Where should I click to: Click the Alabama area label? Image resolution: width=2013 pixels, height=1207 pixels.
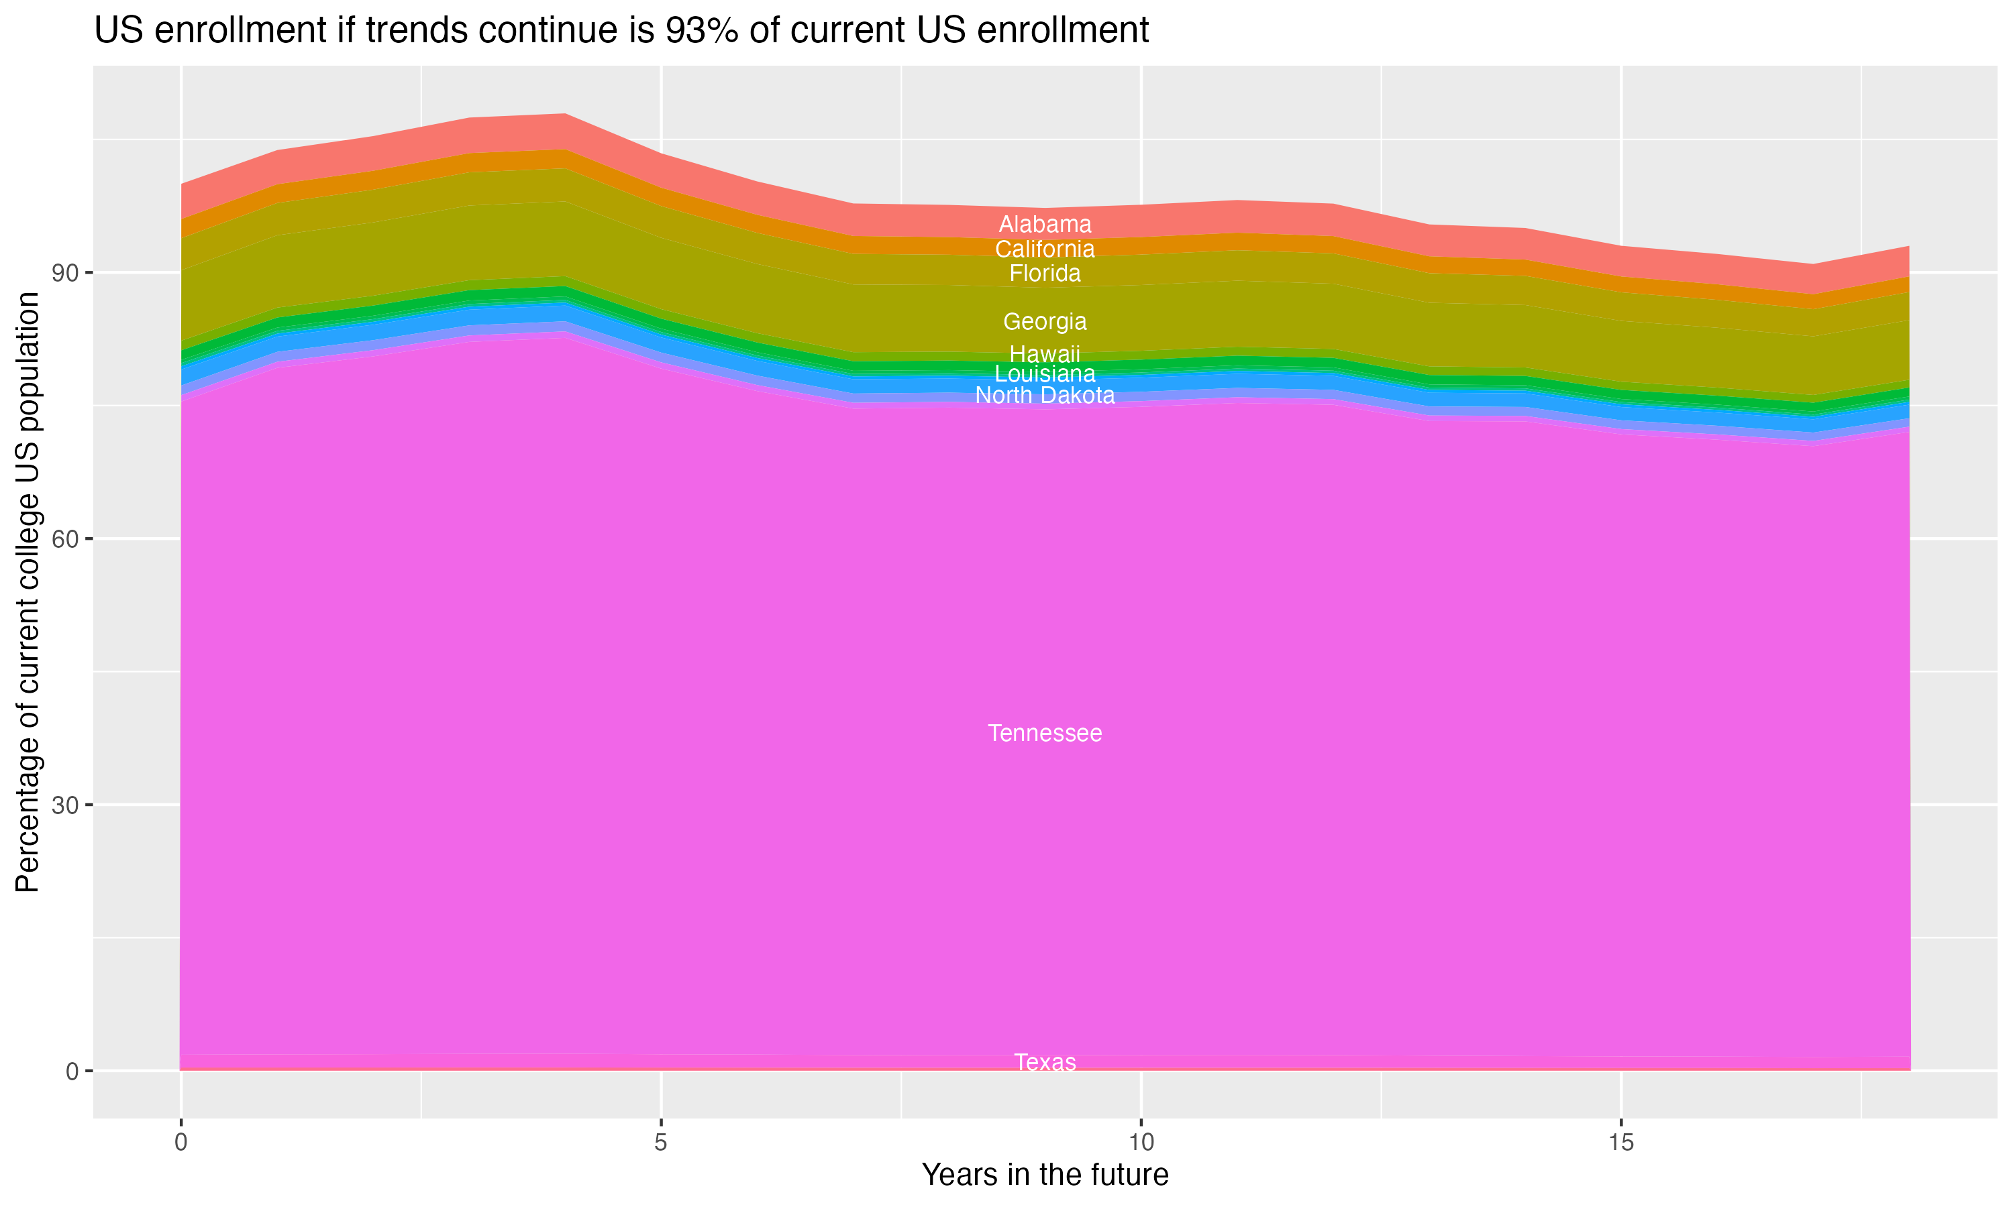coord(1045,224)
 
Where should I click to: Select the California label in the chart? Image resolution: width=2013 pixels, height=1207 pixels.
coord(1045,249)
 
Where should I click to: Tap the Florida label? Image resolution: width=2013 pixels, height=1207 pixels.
coord(1045,274)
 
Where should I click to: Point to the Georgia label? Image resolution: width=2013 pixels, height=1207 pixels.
coord(1045,321)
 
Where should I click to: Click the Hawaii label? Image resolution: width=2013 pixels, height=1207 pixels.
coord(1045,354)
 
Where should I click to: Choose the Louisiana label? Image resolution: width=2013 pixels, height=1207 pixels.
coord(1045,374)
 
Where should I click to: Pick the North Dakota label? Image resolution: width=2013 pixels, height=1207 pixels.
coord(1045,395)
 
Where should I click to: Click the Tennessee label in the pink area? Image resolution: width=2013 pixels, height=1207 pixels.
coord(1045,733)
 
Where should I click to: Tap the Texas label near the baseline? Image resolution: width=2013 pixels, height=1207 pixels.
coord(1045,1062)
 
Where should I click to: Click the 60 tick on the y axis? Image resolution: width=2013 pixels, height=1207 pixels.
coord(66,538)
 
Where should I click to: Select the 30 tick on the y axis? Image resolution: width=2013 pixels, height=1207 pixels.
coord(66,805)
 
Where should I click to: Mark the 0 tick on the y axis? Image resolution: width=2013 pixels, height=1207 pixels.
coord(72,1071)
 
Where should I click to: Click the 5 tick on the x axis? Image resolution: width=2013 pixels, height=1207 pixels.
coord(661,1142)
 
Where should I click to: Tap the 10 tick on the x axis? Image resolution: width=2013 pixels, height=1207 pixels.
coord(1141,1142)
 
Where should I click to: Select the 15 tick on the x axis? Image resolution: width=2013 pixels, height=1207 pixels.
coord(1621,1142)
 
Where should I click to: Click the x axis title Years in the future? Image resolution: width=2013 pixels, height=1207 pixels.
coord(1045,1174)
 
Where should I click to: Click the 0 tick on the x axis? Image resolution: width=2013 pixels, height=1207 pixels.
coord(180,1142)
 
